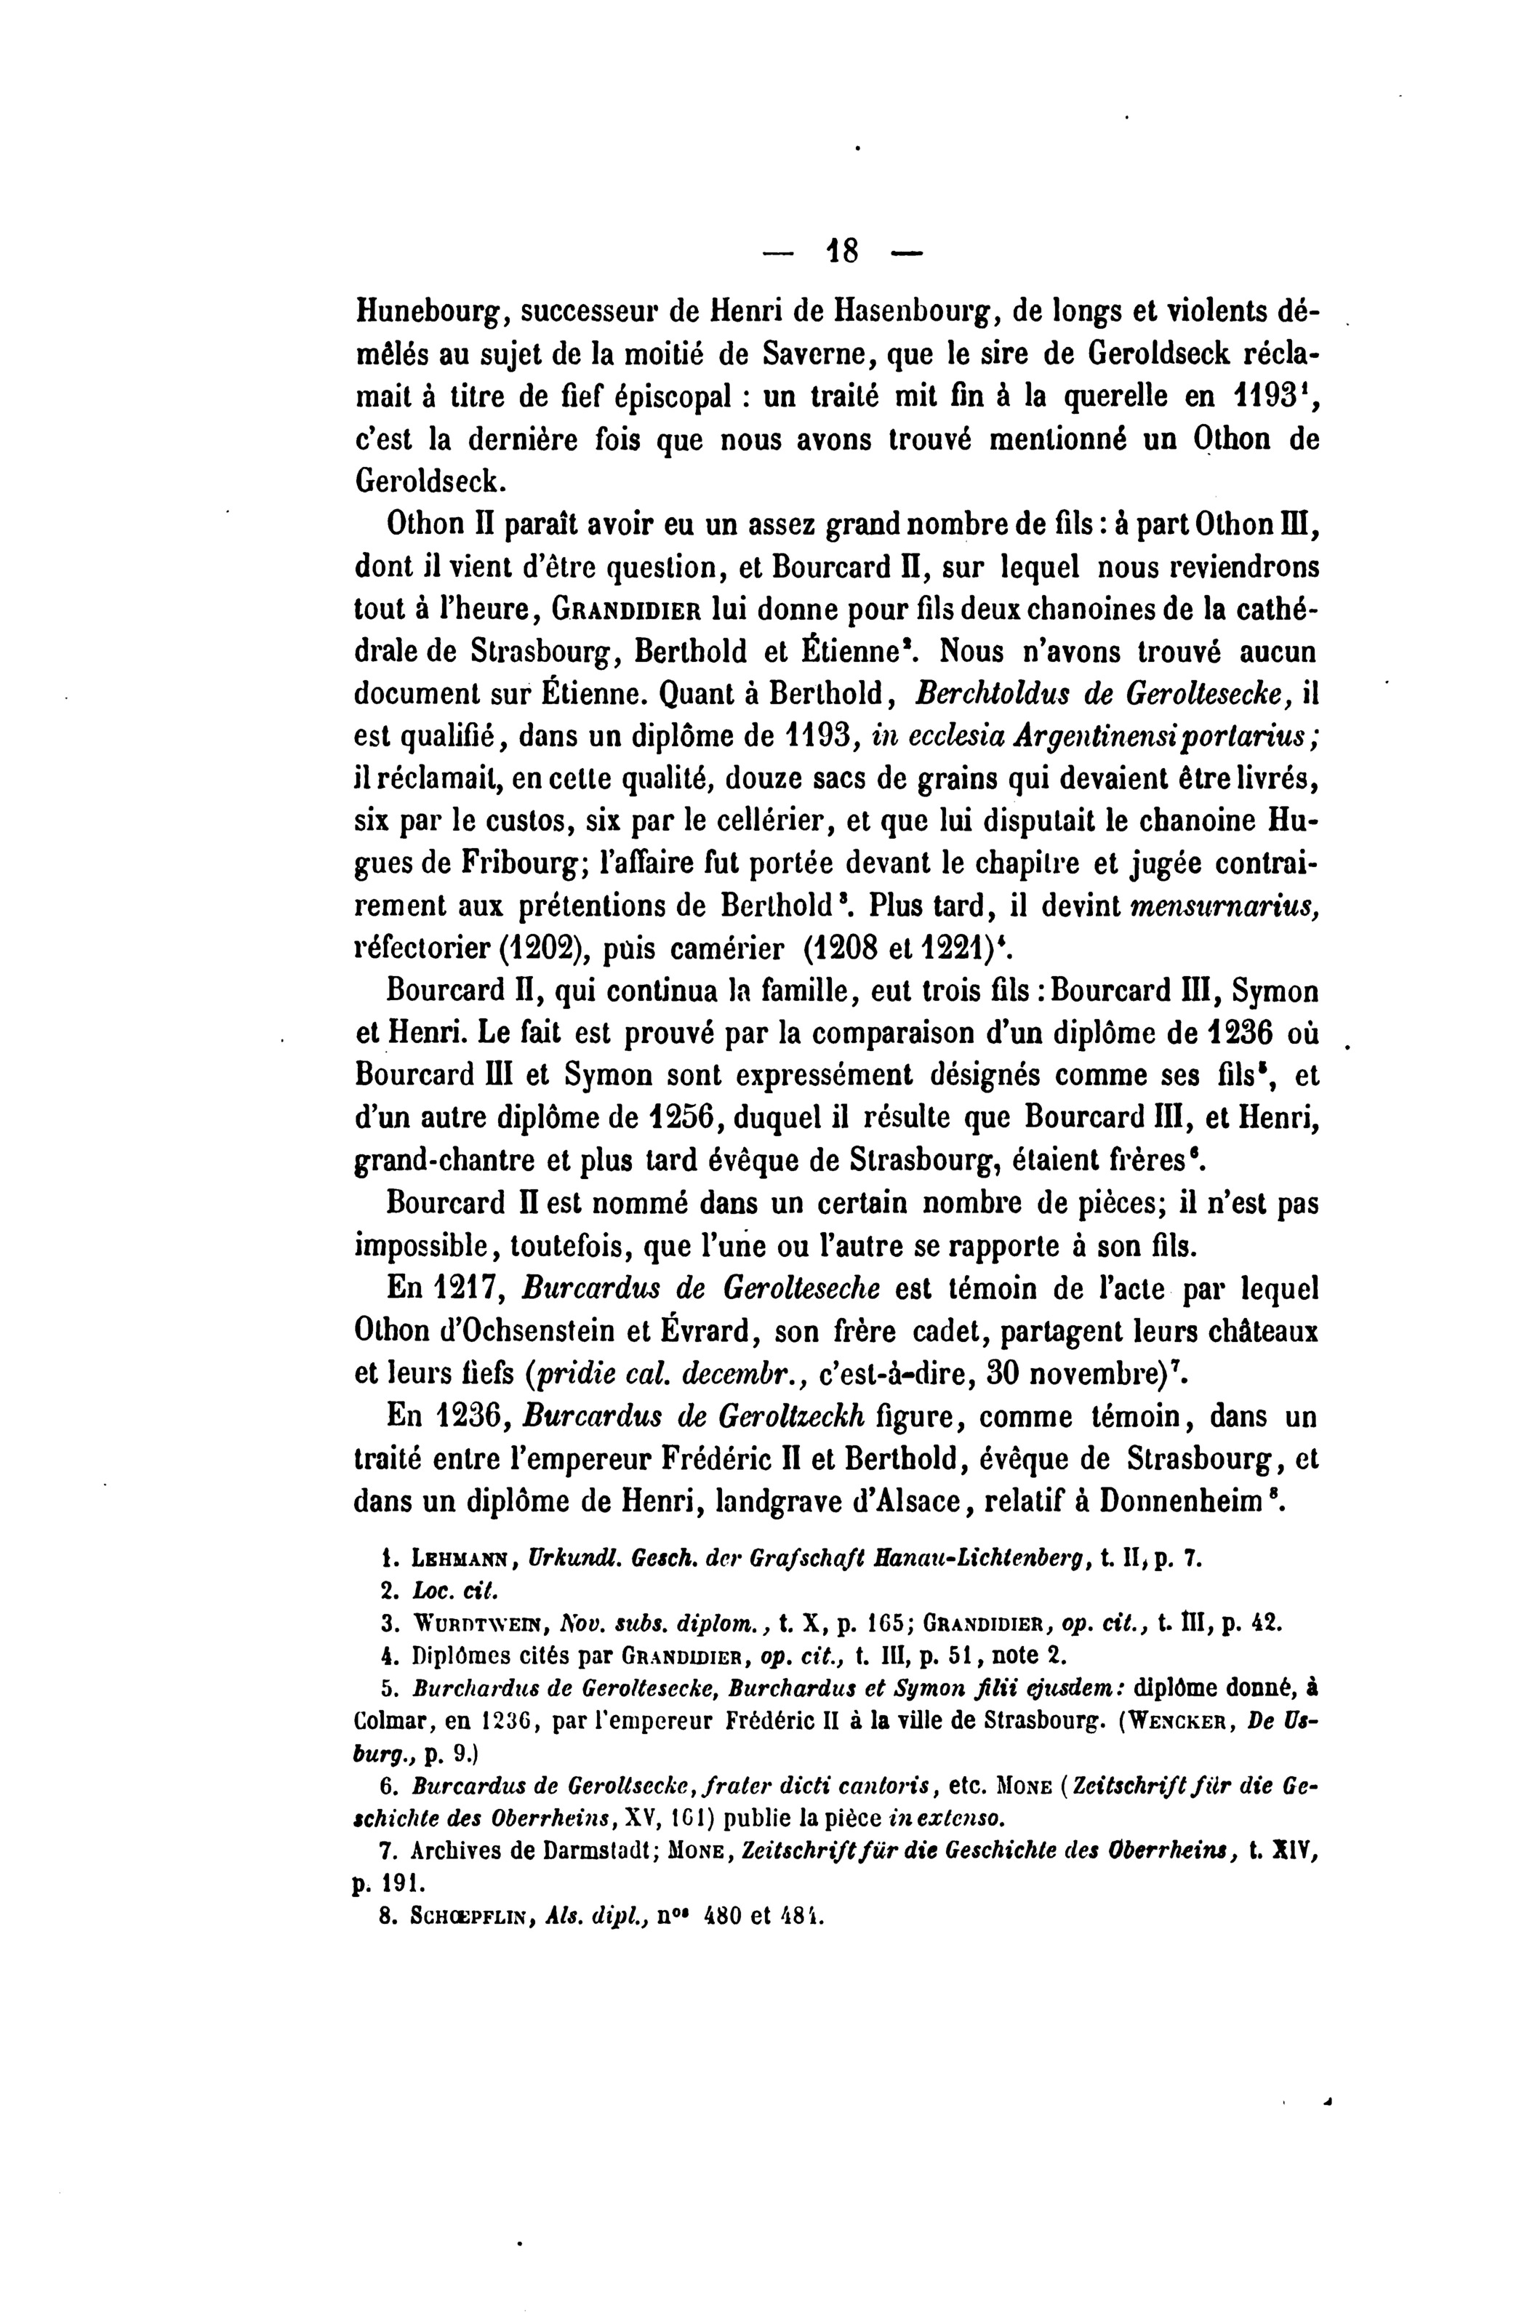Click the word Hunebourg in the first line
(x=428, y=314)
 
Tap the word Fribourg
(x=521, y=865)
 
